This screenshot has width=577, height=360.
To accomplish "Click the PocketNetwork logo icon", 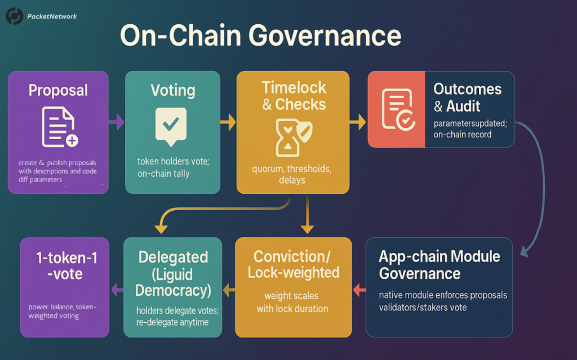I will click(x=14, y=16).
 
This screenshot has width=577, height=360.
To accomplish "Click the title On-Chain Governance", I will click(x=260, y=37).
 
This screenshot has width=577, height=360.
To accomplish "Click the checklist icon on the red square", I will click(x=397, y=109).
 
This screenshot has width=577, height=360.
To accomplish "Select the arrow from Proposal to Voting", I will click(x=116, y=122).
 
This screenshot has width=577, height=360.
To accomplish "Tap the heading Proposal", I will click(x=58, y=90).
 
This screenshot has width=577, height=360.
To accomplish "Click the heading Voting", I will click(x=173, y=90).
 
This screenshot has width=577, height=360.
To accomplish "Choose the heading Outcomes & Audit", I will click(x=467, y=97).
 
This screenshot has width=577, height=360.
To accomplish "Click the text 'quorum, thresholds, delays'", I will click(x=292, y=174).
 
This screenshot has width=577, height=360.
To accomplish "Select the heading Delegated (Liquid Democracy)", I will click(x=173, y=274).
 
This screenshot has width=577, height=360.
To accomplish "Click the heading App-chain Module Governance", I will click(x=439, y=265).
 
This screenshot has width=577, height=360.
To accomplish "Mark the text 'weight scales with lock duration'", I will click(x=292, y=302).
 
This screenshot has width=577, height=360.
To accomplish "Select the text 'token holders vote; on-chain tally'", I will click(x=173, y=167).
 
